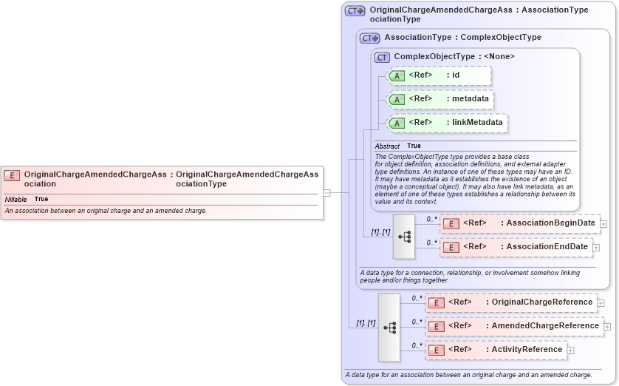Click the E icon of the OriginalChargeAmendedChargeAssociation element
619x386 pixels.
point(12,175)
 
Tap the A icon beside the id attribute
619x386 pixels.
point(397,75)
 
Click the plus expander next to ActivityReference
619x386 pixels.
point(571,350)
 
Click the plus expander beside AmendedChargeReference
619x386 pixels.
point(608,326)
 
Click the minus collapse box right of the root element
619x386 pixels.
point(326,192)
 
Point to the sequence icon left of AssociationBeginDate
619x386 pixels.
point(404,237)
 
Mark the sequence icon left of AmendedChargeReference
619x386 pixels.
point(389,327)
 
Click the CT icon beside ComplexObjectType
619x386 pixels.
point(382,57)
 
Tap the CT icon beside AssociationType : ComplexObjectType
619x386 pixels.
point(369,38)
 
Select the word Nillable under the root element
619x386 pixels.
point(16,200)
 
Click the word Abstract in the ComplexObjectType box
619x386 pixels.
point(387,146)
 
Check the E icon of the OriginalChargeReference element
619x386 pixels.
point(436,302)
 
